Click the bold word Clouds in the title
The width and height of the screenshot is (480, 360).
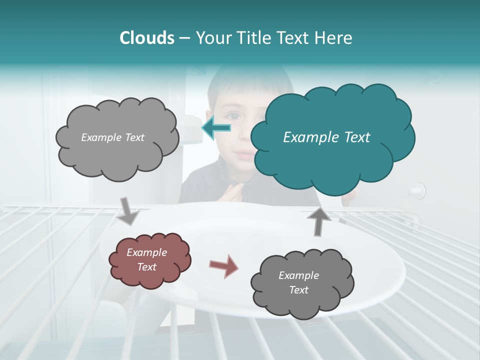pyautogui.click(x=147, y=38)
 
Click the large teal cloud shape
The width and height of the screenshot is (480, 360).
pyautogui.click(x=332, y=137)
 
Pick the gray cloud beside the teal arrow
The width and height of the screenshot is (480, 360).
pyautogui.click(x=116, y=137)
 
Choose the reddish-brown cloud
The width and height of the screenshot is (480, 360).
pyautogui.click(x=149, y=260)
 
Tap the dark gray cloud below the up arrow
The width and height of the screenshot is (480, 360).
pyautogui.click(x=301, y=283)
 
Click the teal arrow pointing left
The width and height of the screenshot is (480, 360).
pyautogui.click(x=216, y=128)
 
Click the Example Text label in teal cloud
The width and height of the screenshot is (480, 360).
pyautogui.click(x=326, y=137)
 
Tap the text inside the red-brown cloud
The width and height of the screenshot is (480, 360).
pyautogui.click(x=147, y=260)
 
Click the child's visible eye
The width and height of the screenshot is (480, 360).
pyautogui.click(x=234, y=116)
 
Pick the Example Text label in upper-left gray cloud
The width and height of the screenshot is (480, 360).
pyautogui.click(x=112, y=137)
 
